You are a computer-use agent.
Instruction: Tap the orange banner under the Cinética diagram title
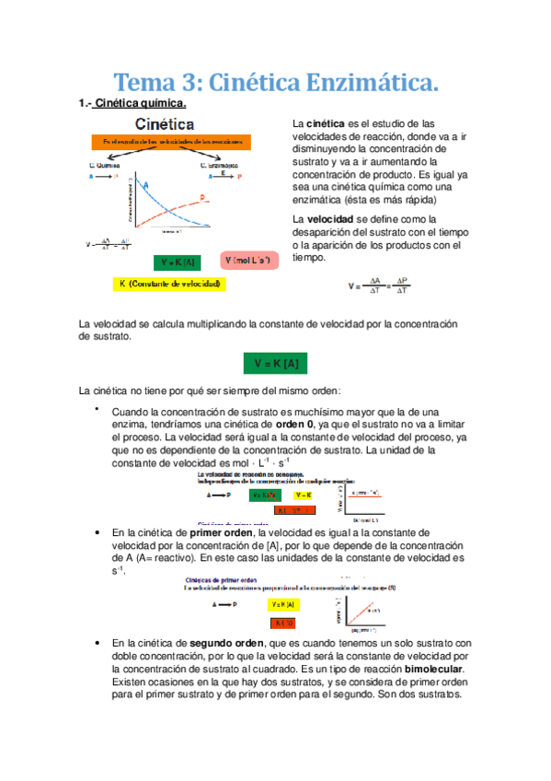[170, 142]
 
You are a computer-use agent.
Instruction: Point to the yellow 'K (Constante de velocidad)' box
[169, 285]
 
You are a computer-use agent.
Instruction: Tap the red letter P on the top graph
[202, 196]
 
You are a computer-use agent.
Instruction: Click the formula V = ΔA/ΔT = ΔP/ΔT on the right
[378, 286]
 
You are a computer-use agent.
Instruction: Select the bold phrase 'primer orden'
[223, 533]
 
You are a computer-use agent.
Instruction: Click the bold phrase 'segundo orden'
[226, 643]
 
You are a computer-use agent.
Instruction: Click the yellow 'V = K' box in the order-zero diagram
[304, 494]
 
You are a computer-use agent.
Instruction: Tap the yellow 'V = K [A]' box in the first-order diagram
[282, 604]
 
